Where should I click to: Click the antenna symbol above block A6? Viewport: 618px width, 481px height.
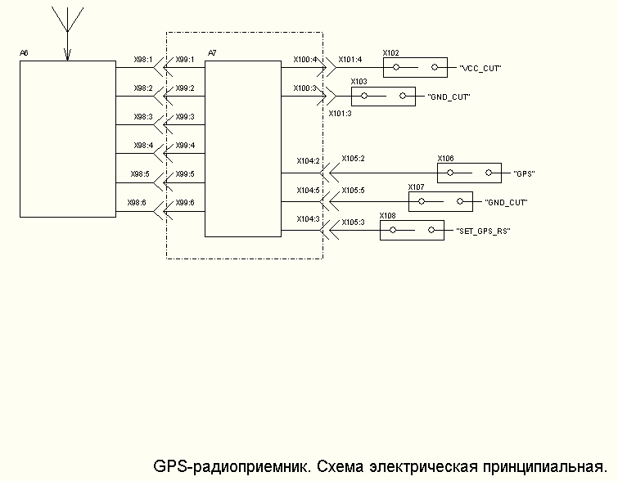coord(67,29)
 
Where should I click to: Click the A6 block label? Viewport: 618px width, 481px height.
coord(24,53)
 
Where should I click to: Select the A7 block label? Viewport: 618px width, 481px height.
coord(212,53)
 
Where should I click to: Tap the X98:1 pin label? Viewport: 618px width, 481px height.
coord(143,59)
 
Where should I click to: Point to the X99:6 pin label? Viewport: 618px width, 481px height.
coord(185,202)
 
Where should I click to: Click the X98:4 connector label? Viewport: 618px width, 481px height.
coord(143,145)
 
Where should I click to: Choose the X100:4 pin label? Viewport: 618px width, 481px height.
coord(304,59)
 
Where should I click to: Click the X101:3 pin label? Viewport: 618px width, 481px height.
coord(340,114)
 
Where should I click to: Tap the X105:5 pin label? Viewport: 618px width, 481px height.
coord(353,190)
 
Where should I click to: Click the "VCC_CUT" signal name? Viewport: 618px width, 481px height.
coord(480,69)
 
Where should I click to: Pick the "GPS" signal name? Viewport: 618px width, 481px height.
coord(524,174)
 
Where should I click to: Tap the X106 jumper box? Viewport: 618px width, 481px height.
coord(468,173)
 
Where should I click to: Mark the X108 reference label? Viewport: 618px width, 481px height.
coord(387,216)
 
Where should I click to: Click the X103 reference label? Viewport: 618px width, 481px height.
coord(359,82)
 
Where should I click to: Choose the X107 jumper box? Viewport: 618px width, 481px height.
coord(440,201)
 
